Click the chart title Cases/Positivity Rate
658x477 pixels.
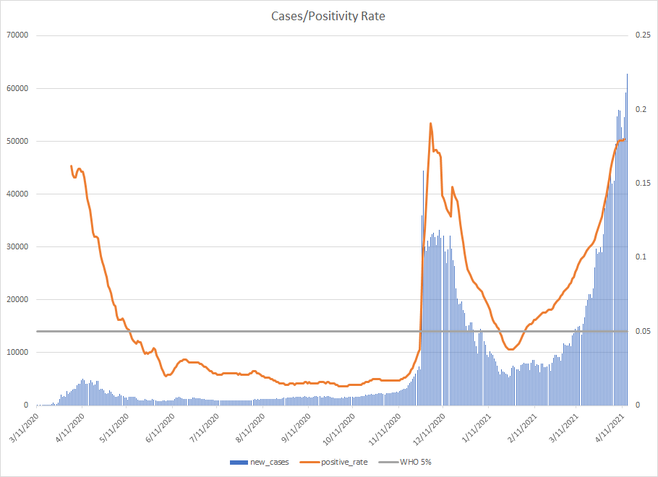click(x=328, y=16)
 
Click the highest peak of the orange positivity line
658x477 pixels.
click(x=431, y=123)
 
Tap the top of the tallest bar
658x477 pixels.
click(x=627, y=74)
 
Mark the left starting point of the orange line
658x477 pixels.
click(x=71, y=166)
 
